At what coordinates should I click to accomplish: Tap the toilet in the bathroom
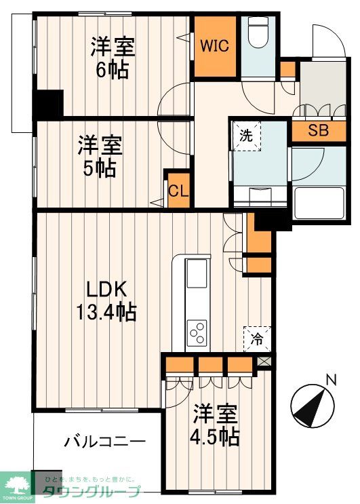tap(258, 34)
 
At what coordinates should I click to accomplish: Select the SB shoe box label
tap(318, 131)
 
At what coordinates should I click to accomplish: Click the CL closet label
tap(178, 191)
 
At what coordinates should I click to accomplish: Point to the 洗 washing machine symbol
tap(247, 135)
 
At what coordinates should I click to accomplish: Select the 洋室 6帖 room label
tap(113, 58)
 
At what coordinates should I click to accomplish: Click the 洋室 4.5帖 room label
tap(214, 425)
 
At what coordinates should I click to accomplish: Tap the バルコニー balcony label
tap(105, 442)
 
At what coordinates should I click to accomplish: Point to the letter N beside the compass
tap(331, 380)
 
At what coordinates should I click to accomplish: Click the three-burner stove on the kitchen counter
tap(197, 333)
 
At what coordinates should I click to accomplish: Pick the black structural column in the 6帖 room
tap(48, 103)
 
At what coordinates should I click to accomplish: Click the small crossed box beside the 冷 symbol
tap(264, 362)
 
